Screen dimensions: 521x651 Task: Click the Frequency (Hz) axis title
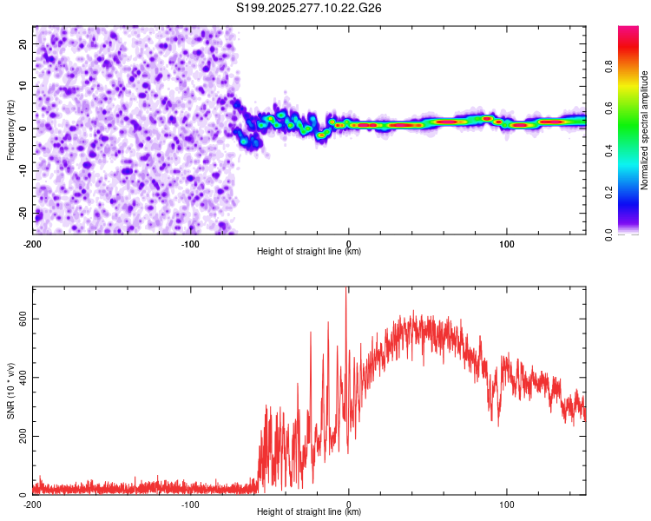pyautogui.click(x=10, y=130)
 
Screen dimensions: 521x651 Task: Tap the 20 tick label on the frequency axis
pyautogui.click(x=23, y=43)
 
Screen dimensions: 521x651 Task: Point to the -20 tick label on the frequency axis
pyautogui.click(x=21, y=214)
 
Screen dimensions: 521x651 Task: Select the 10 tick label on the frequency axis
pyautogui.click(x=23, y=86)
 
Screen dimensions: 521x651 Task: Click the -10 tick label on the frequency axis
pyautogui.click(x=21, y=171)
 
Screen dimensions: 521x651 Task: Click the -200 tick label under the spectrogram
pyautogui.click(x=33, y=243)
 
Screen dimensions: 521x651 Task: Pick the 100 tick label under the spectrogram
pyautogui.click(x=507, y=243)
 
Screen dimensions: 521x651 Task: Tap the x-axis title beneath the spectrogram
pyautogui.click(x=309, y=252)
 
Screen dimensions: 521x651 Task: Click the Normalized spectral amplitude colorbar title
pyautogui.click(x=645, y=130)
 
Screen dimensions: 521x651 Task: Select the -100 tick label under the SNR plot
pyautogui.click(x=191, y=505)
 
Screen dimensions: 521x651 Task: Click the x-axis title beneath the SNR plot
pyautogui.click(x=309, y=513)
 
